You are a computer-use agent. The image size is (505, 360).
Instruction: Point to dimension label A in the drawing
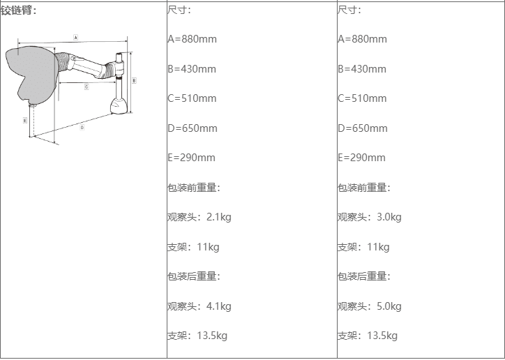coord(75,36)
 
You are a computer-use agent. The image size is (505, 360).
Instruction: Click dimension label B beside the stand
coord(134,80)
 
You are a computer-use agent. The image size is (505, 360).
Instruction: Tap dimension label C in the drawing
coord(86,87)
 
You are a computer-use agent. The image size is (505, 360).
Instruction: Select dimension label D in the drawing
coord(82,127)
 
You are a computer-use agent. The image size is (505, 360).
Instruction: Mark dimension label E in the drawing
coord(25,121)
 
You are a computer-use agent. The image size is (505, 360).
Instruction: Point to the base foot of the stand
coord(119,107)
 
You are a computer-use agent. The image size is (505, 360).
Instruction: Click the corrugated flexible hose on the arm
coord(64,61)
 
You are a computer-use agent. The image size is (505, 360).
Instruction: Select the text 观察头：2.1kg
coord(199,217)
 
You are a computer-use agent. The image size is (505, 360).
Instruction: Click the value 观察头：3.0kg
coord(370,217)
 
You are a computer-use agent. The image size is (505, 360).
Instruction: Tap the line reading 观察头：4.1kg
coord(199,306)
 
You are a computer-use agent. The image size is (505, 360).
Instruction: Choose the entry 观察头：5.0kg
coord(370,306)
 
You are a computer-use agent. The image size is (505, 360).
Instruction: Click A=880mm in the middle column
coord(193,39)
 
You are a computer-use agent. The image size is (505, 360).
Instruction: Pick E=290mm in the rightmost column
coord(362,158)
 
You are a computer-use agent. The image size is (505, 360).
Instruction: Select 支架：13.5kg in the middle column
coord(197,336)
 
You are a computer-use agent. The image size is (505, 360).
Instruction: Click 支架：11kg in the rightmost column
coord(363,247)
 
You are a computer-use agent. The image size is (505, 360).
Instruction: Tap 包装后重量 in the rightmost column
coord(364,276)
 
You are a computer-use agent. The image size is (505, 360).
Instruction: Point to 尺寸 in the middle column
coord(179,10)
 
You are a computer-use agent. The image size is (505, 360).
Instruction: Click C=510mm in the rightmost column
coord(363,98)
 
